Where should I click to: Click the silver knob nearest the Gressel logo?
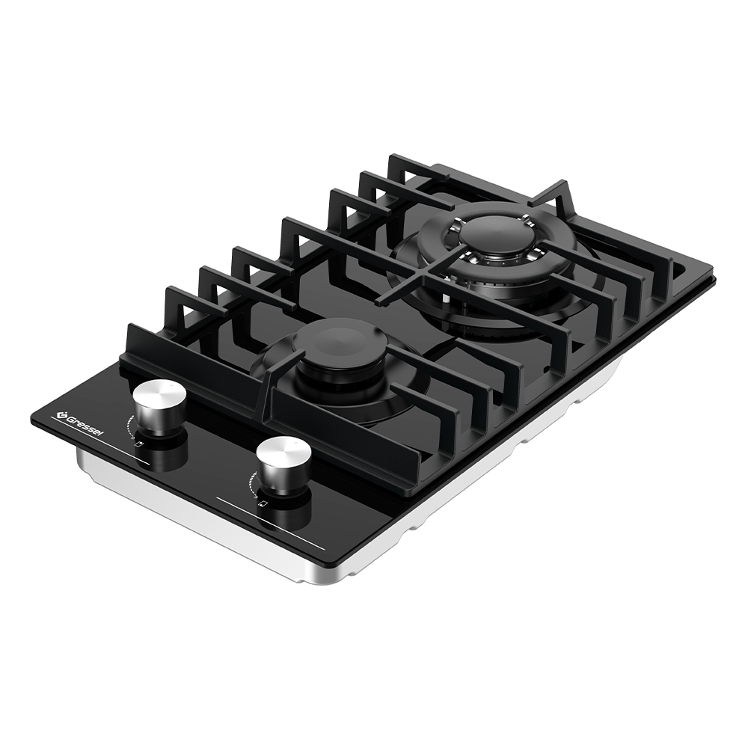pyautogui.click(x=159, y=405)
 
